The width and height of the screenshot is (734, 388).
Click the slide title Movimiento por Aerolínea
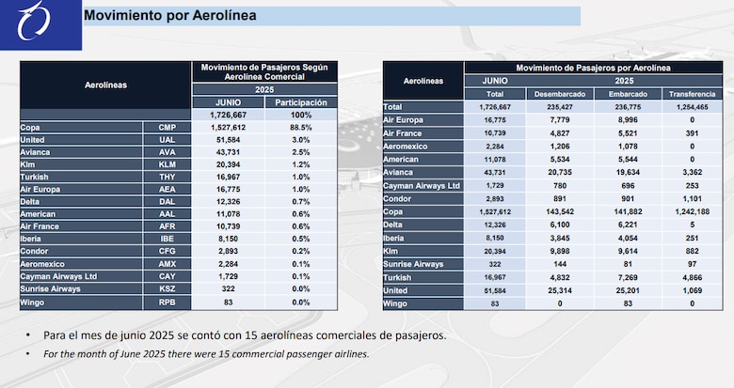169,16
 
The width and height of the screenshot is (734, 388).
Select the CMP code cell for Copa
168,126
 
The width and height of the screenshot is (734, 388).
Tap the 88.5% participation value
300,126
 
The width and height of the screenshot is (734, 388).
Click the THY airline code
168,176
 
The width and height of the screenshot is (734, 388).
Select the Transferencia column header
692,94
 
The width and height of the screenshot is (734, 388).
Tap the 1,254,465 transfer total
692,107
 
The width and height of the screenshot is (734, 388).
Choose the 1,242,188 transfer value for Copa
692,212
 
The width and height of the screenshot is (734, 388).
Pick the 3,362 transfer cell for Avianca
692,173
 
